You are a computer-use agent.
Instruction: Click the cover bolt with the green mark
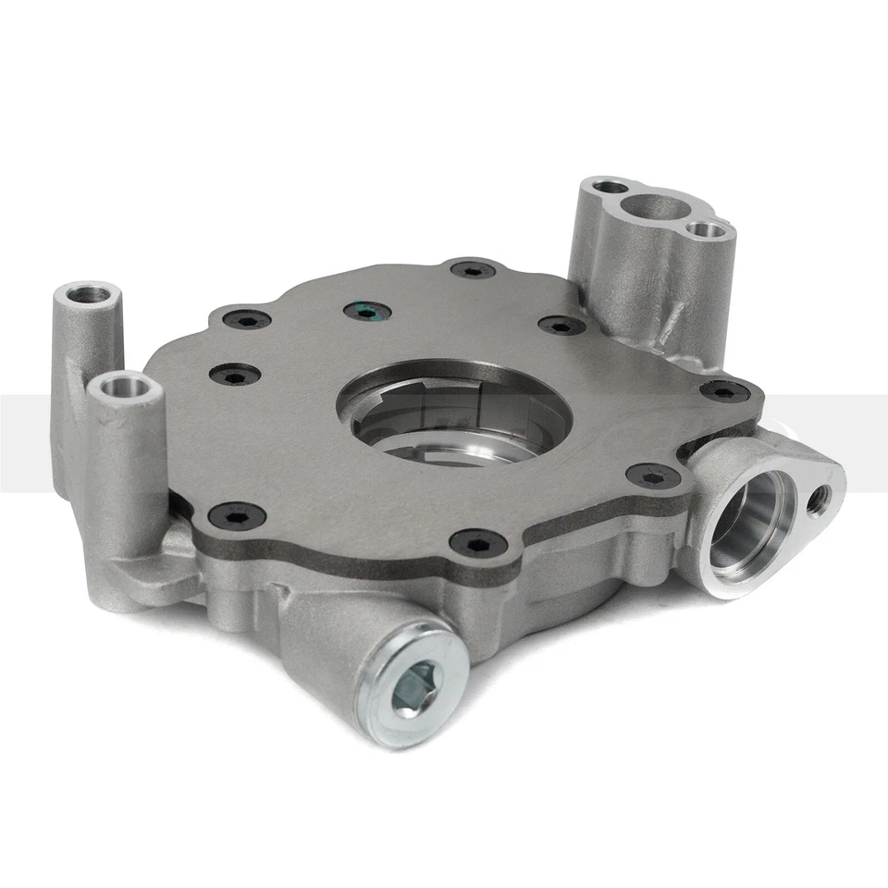(366, 312)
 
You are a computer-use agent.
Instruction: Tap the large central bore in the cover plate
(453, 413)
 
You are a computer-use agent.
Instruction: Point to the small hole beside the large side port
(819, 500)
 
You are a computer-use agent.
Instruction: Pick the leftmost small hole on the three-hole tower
(609, 188)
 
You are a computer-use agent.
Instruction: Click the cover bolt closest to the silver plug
(482, 543)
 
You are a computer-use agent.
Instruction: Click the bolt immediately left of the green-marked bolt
(248, 320)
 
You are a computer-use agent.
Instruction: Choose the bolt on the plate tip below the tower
(725, 391)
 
